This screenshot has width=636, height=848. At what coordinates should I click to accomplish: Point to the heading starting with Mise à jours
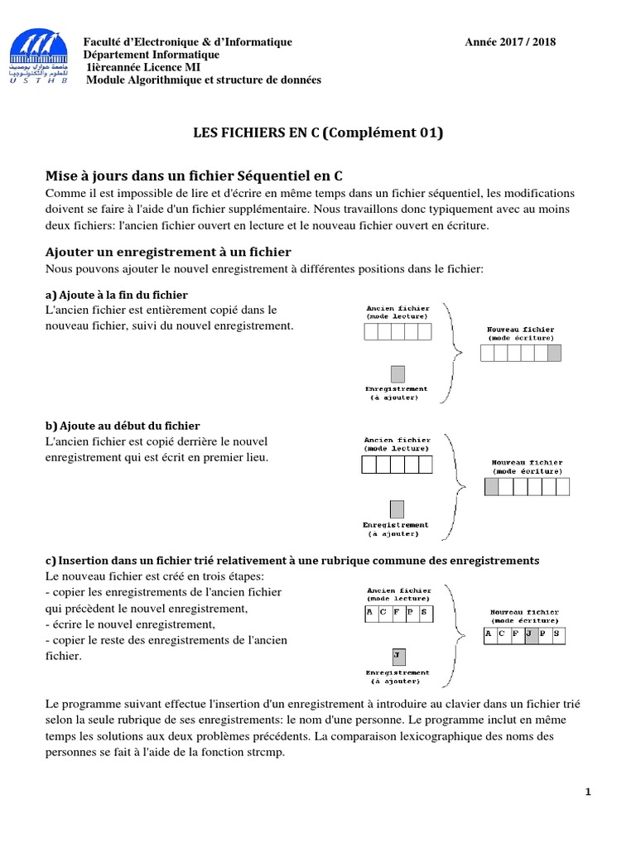[193, 176]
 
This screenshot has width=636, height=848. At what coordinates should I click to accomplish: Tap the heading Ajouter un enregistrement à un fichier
[168, 252]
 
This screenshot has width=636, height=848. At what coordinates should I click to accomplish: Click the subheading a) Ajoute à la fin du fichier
[117, 295]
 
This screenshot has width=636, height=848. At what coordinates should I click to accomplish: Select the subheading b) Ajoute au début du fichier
[123, 426]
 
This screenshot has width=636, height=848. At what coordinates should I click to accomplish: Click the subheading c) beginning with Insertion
[292, 561]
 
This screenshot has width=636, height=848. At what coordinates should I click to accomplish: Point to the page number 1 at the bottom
[588, 793]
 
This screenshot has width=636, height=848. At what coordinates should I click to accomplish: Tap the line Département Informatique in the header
[152, 55]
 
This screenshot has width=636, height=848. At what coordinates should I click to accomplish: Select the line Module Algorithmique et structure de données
[204, 79]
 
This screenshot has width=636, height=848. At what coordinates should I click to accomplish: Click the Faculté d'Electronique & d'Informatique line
[188, 42]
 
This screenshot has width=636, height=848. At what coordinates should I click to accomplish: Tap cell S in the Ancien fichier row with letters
[425, 614]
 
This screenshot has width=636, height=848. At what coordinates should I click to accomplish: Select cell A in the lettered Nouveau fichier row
[489, 635]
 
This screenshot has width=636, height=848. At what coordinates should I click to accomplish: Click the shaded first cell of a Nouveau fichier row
[492, 485]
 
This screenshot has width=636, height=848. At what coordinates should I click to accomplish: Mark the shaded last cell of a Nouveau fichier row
[554, 354]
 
